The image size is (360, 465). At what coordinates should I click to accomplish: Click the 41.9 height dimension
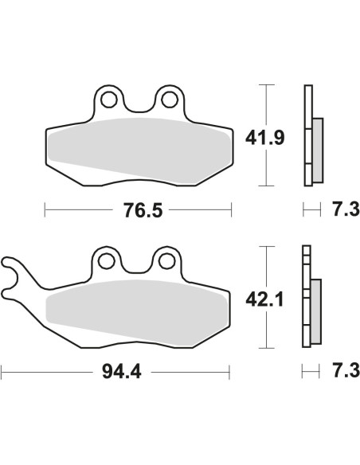(264, 139)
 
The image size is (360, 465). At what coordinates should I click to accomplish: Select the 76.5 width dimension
(143, 210)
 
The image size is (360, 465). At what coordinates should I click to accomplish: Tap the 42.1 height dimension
(264, 299)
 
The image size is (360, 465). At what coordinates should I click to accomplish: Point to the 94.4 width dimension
(122, 372)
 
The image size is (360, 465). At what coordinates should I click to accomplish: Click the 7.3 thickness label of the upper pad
(346, 209)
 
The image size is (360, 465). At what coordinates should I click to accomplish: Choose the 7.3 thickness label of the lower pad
(346, 370)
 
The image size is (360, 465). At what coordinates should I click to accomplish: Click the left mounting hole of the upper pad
(109, 100)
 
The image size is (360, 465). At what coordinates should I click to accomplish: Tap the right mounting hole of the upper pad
(170, 100)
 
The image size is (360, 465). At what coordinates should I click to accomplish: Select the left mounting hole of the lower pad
(107, 261)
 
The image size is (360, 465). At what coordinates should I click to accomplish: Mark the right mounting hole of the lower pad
(167, 261)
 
